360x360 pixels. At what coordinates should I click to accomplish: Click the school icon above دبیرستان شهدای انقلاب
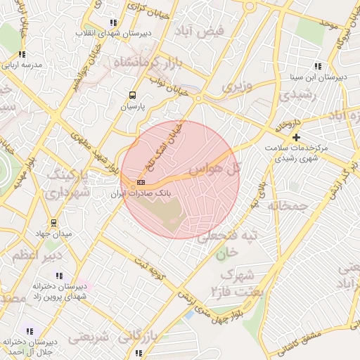tap(113, 22)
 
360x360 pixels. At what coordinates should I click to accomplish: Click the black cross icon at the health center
tap(297, 137)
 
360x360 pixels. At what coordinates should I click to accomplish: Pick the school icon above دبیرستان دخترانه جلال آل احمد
tap(29, 330)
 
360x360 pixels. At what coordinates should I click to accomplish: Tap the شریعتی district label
tap(90, 337)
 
